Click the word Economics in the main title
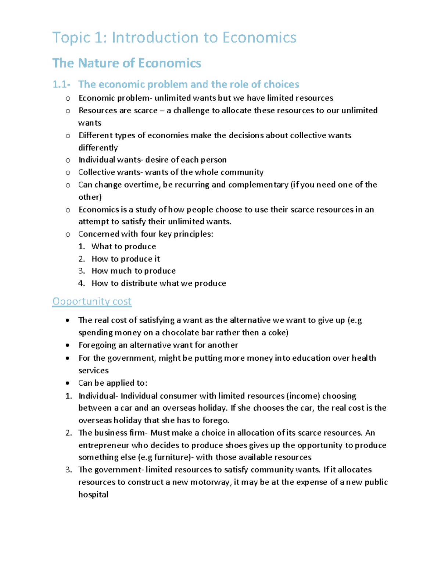[259, 38]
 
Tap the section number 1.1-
[61, 85]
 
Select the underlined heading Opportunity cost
[92, 301]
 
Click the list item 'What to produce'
[123, 246]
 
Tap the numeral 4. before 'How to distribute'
[82, 283]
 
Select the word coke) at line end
[278, 333]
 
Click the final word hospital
[93, 495]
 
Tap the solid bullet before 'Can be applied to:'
[68, 383]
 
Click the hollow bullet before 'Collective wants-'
[68, 173]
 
